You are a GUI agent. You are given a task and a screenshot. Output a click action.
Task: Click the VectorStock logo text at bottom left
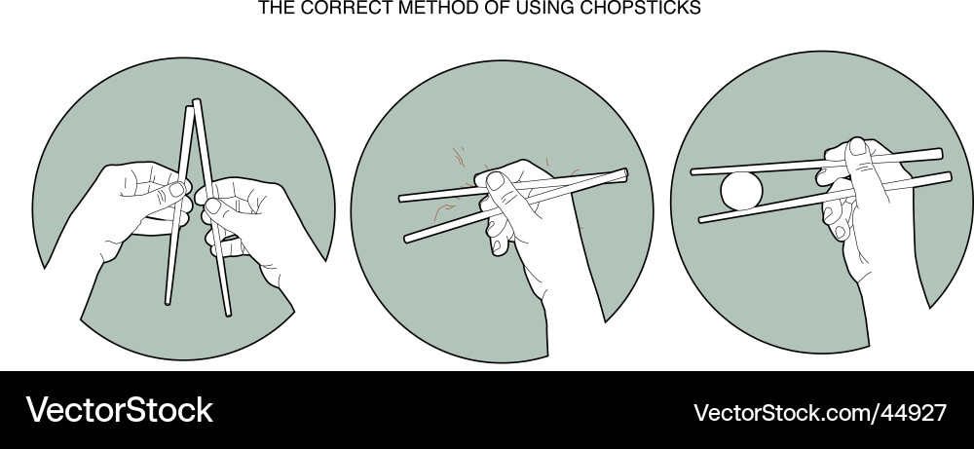119,410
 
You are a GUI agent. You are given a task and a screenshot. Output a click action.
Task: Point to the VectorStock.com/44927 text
819,412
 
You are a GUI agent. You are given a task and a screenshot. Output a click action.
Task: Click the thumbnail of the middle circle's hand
494,180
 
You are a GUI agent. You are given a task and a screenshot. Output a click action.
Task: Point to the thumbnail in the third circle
855,147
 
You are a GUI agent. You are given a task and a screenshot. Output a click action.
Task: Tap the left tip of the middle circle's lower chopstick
408,238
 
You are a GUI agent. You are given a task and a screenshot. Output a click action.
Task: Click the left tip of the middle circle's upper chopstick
403,198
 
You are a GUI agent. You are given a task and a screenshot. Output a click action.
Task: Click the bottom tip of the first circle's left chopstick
169,300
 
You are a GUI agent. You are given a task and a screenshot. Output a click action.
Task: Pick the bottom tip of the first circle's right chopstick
228,312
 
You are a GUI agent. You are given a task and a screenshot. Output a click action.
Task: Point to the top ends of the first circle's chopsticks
192,105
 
